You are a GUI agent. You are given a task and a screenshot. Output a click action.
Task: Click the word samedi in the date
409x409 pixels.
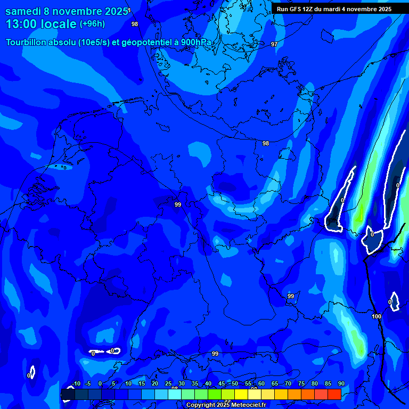coord(24,11)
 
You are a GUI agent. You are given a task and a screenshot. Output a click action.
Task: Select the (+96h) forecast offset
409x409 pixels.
coord(92,24)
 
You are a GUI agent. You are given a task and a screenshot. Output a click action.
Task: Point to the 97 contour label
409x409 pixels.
coord(274,44)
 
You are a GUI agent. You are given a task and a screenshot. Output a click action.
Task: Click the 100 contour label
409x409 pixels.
coord(377,316)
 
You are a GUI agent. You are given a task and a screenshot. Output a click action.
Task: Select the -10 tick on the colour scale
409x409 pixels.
coord(76,383)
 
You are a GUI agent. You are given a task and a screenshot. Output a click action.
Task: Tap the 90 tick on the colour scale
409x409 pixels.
coord(341,383)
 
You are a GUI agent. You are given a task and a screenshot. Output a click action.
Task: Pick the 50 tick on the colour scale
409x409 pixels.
coord(234,383)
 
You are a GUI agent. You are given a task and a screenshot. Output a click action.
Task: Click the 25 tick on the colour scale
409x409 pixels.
coord(168,383)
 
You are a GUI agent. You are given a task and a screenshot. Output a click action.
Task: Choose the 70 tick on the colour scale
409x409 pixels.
coord(288,383)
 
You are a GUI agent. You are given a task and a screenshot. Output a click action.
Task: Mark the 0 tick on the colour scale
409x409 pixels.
coord(100,383)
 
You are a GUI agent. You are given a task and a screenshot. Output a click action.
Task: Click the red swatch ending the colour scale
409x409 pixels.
coord(334,394)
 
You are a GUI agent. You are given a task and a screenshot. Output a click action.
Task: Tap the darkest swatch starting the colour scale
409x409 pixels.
coord(68,394)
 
